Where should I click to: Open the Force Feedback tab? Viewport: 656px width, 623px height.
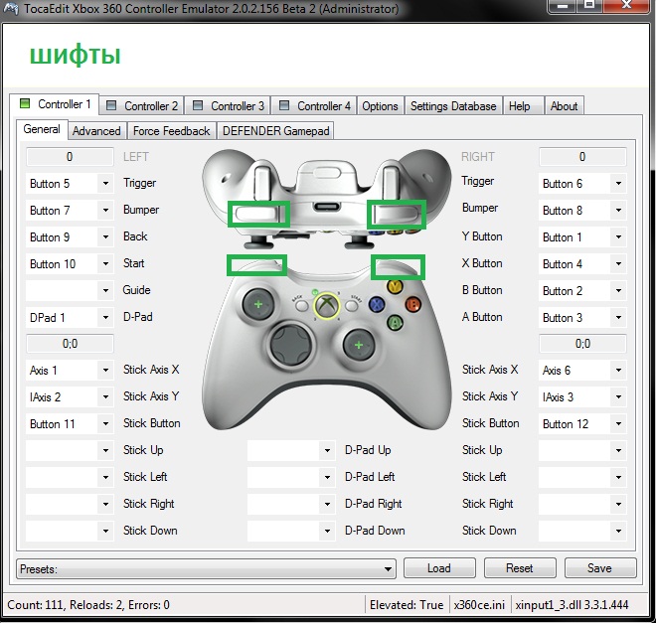pos(171,130)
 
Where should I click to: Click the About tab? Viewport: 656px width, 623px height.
pos(564,105)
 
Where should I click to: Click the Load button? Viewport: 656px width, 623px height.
pos(438,568)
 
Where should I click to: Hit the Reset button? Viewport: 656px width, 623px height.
pos(519,568)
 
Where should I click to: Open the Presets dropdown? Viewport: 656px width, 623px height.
pos(207,569)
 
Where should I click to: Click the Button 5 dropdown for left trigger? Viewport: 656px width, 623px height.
pos(69,184)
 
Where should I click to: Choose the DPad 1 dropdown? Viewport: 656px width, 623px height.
pos(69,318)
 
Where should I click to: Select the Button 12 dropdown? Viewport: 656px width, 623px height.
pos(581,424)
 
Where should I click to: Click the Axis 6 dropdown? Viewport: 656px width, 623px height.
pos(581,371)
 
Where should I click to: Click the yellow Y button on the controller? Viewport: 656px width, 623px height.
pos(395,287)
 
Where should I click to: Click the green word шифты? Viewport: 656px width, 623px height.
pos(75,55)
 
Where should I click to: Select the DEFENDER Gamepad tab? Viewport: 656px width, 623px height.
pos(275,130)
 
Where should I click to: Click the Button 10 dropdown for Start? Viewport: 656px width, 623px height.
pos(69,264)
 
